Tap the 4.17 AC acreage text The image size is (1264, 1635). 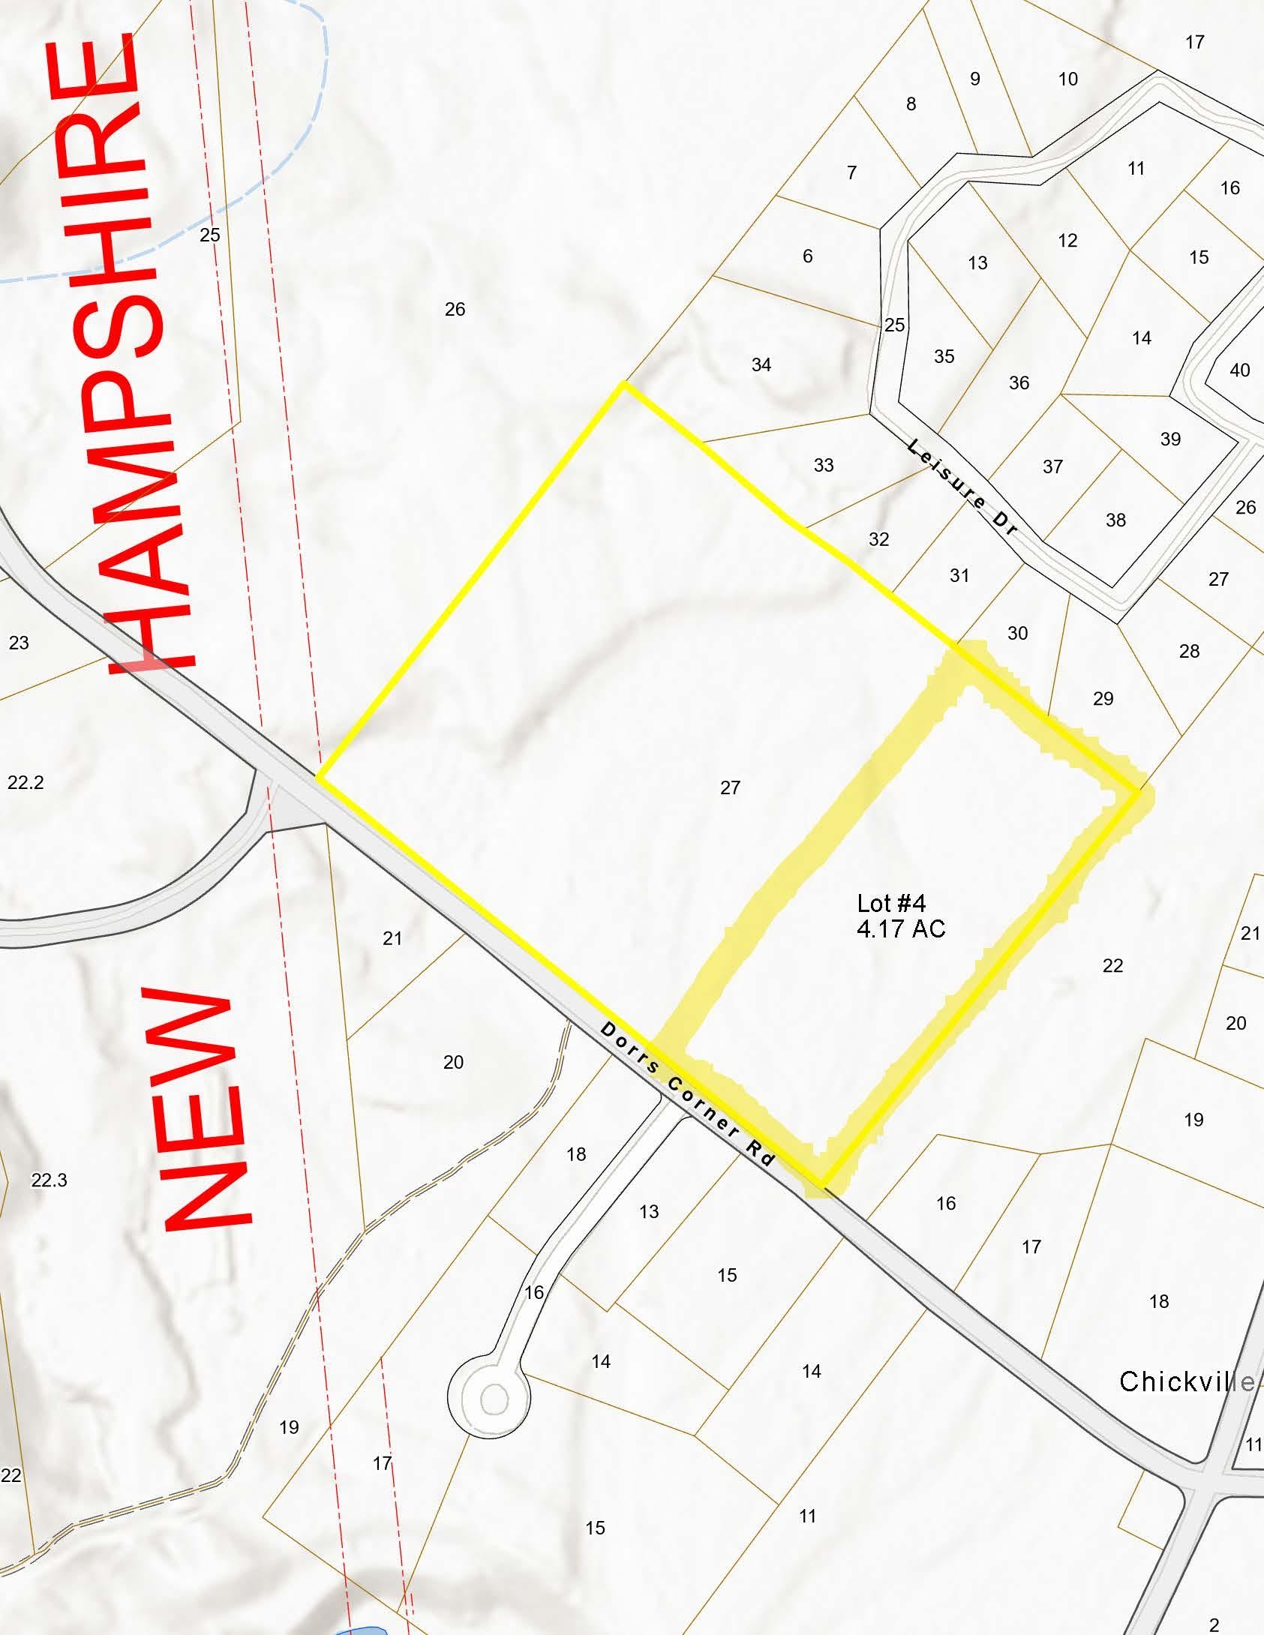point(901,928)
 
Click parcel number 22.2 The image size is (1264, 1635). point(26,782)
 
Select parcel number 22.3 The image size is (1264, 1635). point(50,1180)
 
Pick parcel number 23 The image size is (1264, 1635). point(19,642)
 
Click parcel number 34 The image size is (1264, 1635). point(761,364)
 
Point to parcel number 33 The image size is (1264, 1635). point(824,465)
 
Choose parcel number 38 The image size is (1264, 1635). point(1115,520)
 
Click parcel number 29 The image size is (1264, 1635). point(1103,698)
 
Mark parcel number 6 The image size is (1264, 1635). point(808,256)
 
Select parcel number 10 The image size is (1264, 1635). point(1068,79)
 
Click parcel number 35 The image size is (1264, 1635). point(944,356)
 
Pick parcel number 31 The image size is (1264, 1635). point(959,575)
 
